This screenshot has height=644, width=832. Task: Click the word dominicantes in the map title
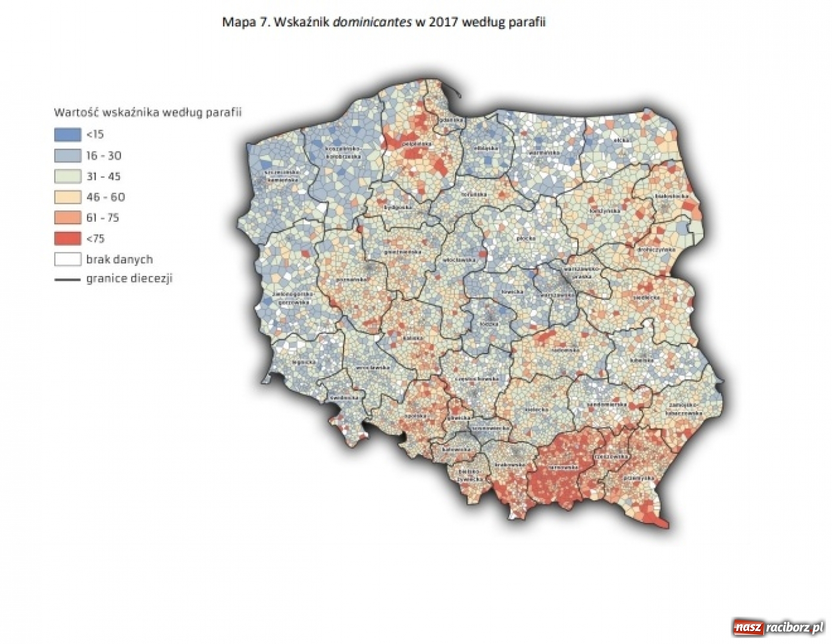coord(372,23)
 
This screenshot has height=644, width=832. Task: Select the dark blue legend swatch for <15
coord(67,135)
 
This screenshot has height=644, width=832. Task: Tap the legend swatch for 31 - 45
coord(67,177)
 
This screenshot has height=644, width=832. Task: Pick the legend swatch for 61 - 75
coord(67,218)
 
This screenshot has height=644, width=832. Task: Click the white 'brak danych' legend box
coord(67,259)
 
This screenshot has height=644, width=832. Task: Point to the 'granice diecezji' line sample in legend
coord(67,279)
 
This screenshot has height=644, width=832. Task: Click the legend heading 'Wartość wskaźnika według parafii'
coord(147,112)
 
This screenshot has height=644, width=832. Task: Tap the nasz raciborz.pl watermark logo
coord(778,627)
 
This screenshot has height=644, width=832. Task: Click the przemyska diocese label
coord(638,478)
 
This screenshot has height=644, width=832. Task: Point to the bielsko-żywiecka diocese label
coord(469,475)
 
